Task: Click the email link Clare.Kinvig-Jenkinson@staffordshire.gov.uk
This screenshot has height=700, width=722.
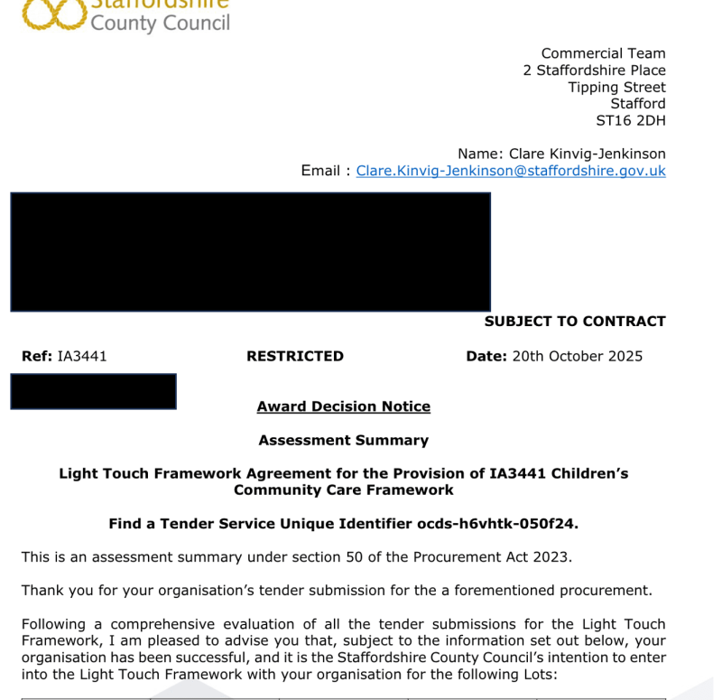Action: coord(511,171)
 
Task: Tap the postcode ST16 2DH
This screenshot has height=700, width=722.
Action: coord(631,120)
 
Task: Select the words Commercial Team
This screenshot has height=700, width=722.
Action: coord(603,54)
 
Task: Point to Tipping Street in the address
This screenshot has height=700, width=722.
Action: coord(616,88)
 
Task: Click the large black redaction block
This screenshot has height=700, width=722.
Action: coord(250,252)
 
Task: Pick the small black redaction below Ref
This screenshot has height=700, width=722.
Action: coord(93,391)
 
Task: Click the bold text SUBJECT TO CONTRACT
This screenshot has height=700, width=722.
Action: coord(575,322)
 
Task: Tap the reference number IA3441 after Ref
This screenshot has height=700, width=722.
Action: coord(82,356)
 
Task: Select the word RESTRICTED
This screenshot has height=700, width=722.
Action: coord(295,356)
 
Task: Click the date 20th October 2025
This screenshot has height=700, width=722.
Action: coord(578,356)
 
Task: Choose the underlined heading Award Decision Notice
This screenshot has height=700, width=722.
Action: coord(343,406)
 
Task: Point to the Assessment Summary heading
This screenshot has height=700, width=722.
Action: coord(343,441)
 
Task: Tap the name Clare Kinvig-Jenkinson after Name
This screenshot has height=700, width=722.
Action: coord(588,154)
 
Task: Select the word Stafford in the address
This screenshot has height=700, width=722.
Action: coord(638,104)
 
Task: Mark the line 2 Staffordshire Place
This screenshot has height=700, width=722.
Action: coord(594,70)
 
